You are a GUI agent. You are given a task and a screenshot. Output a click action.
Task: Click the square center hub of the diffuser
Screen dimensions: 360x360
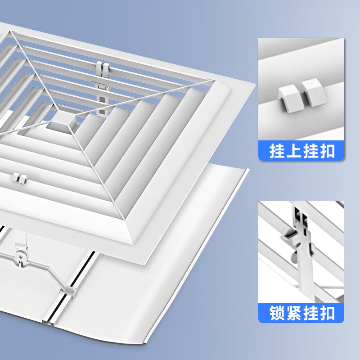pyautogui.click(x=62, y=121)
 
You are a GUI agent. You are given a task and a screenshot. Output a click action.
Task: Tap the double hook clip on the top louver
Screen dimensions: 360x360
pyautogui.click(x=103, y=69)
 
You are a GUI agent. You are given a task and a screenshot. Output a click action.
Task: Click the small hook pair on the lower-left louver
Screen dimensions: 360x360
pyautogui.click(x=19, y=178)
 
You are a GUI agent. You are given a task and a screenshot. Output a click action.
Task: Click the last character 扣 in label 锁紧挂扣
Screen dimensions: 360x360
pyautogui.click(x=327, y=313)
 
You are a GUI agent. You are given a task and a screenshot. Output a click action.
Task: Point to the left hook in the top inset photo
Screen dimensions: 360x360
pyautogui.click(x=288, y=98)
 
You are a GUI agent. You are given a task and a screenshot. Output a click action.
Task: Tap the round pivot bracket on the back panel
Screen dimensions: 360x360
pyautogui.click(x=21, y=255)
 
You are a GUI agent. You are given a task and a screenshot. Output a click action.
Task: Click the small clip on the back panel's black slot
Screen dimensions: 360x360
pyautogui.click(x=68, y=292)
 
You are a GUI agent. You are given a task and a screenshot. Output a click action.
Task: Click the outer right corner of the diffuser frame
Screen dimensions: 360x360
pyautogui.click(x=255, y=84)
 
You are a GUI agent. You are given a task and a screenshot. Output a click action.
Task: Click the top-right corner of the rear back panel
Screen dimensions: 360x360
pyautogui.click(x=248, y=170)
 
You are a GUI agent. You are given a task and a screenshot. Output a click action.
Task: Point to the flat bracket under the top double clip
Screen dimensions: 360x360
pyautogui.click(x=100, y=85)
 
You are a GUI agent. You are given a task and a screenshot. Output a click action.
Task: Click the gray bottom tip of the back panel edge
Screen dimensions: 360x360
pyautogui.click(x=144, y=344)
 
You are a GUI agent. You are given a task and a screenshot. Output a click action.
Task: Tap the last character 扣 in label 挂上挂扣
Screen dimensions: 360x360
pyautogui.click(x=327, y=151)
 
